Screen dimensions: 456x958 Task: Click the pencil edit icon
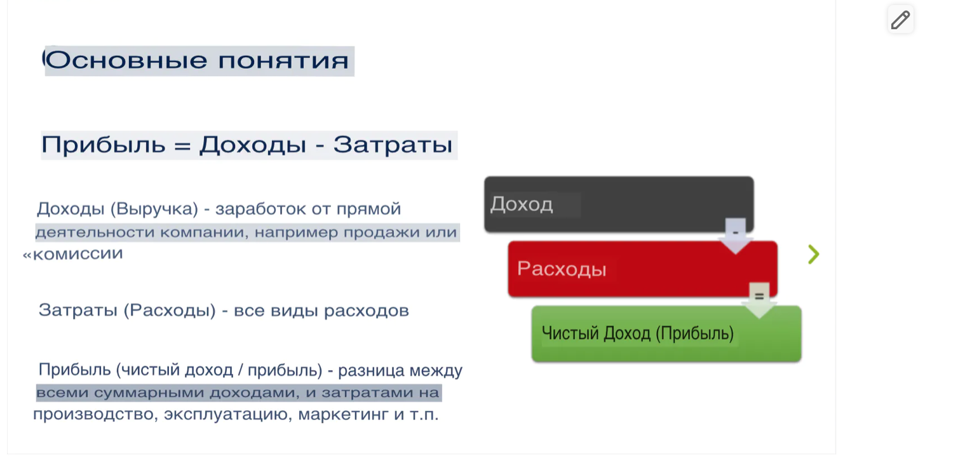pos(900,20)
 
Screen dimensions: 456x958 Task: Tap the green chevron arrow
pos(813,254)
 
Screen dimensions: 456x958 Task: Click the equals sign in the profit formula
pos(182,145)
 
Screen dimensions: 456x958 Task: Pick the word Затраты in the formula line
pos(393,145)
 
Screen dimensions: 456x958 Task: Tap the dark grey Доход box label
pos(522,205)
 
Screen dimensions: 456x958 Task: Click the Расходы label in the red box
pos(562,269)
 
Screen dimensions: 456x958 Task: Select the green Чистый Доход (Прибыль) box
pos(666,334)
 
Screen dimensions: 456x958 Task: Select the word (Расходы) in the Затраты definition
pos(169,311)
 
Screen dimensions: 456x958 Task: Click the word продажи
pos(372,232)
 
